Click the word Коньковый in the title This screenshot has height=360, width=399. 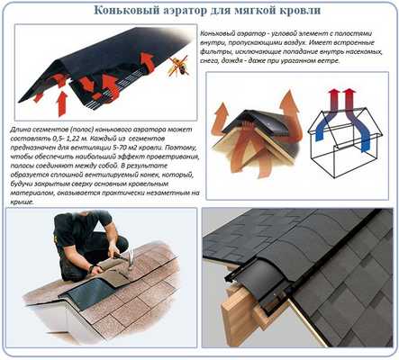pyautogui.click(x=134, y=11)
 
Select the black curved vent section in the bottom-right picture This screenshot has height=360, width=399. pyautogui.click(x=270, y=270)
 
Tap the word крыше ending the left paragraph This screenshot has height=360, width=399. pyautogui.click(x=17, y=202)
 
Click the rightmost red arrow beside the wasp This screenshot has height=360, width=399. pyautogui.click(x=146, y=63)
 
